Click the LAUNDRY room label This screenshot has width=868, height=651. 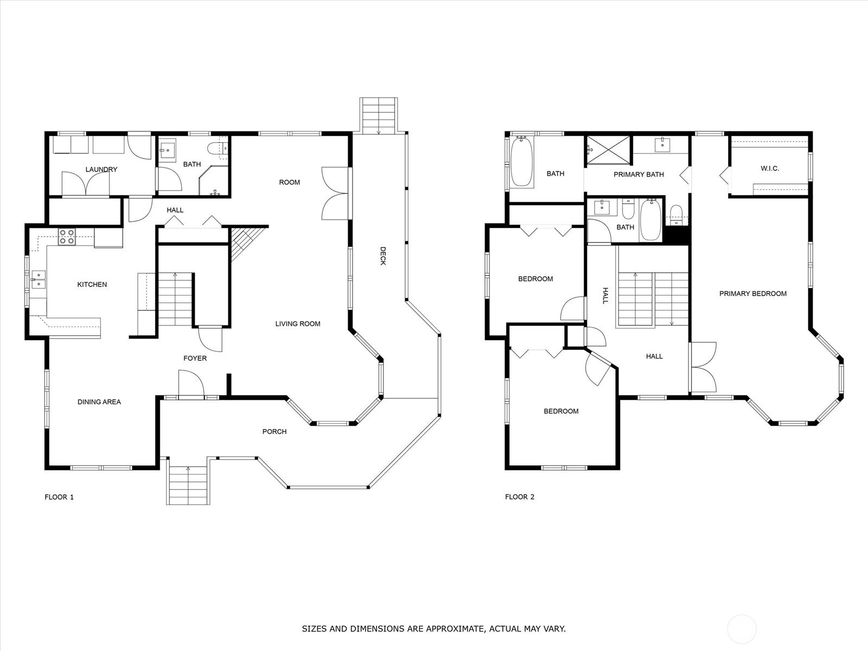point(101,170)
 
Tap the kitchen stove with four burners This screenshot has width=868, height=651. point(67,237)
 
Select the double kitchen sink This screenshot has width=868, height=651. point(39,279)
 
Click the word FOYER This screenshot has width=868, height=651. point(195,359)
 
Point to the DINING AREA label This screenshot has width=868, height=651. point(99,402)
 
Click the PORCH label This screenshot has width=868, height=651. point(275,432)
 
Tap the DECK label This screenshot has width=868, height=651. point(383,256)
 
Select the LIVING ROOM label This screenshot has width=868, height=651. point(298,324)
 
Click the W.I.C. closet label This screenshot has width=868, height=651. point(769,168)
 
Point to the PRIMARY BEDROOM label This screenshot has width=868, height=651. point(753,293)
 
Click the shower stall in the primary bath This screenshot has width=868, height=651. point(608,150)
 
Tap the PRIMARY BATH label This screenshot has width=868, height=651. point(639,174)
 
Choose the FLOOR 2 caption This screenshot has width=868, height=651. point(520,497)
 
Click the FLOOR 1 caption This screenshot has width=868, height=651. point(59,497)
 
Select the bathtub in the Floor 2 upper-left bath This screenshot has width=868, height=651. point(521,161)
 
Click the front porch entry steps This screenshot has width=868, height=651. point(188,485)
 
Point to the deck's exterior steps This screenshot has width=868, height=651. point(379,116)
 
